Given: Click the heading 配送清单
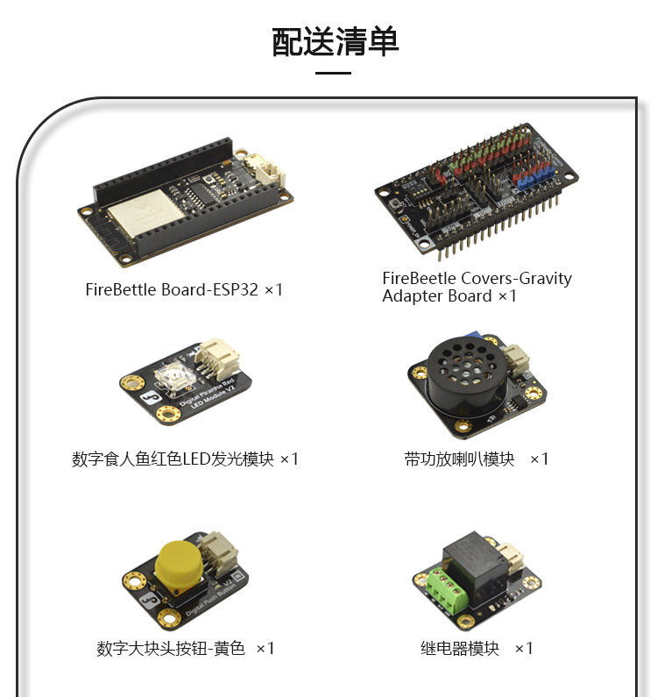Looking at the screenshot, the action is click(335, 42).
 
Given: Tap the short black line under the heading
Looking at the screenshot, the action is click(333, 73).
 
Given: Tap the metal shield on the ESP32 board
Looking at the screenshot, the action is click(145, 213).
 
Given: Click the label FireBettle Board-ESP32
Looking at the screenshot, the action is click(172, 290).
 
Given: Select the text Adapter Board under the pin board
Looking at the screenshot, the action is click(437, 296).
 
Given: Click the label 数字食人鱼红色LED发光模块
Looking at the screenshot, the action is click(173, 459).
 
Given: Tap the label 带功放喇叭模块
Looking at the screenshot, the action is click(459, 459).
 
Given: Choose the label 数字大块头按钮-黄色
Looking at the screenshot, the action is click(171, 648).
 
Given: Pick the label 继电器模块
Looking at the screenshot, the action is click(460, 648).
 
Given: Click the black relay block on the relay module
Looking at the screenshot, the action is click(477, 565).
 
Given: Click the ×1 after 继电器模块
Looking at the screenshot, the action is click(524, 649).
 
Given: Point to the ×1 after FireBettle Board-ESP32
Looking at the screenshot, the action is click(273, 290).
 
